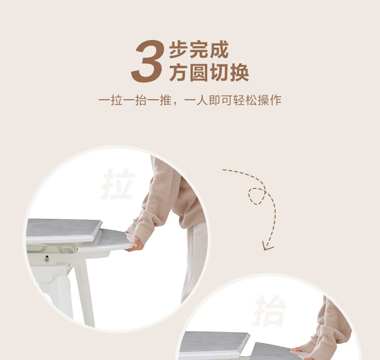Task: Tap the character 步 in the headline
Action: click(x=179, y=50)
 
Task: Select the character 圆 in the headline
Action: click(x=199, y=72)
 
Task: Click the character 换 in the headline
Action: click(x=240, y=72)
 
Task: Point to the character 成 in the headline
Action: click(x=219, y=50)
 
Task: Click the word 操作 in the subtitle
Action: click(x=270, y=100)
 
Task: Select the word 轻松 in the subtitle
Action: click(x=245, y=100)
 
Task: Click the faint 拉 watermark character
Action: click(x=118, y=184)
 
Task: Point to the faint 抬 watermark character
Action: click(x=270, y=310)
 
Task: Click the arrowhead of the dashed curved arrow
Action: click(x=267, y=246)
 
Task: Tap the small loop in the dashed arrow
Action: click(x=257, y=196)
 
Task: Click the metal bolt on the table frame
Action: click(x=47, y=259)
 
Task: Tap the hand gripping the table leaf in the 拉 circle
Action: click(x=135, y=243)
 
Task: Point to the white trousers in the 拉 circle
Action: click(x=195, y=262)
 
